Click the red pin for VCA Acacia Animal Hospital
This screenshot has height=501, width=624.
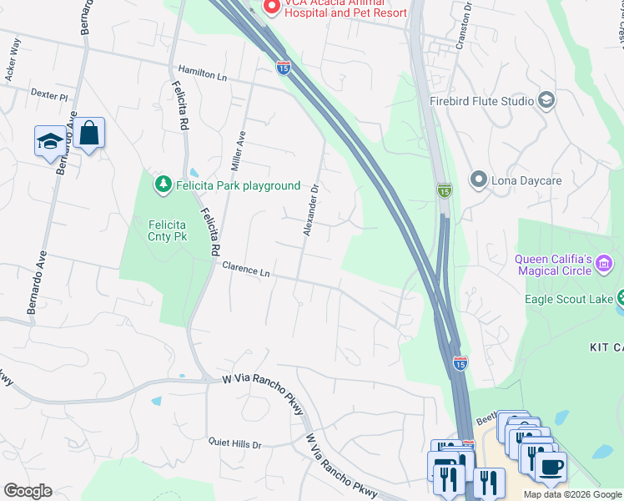[x=270, y=8]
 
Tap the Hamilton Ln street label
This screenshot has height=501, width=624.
[x=203, y=74]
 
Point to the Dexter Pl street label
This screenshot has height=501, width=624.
[x=48, y=95]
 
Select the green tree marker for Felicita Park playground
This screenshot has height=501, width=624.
[x=163, y=185]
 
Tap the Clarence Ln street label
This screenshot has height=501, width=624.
[x=247, y=269]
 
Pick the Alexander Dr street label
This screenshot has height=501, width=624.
[x=311, y=210]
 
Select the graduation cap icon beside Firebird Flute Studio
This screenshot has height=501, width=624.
[x=547, y=101]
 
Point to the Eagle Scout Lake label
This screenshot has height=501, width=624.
[x=569, y=299]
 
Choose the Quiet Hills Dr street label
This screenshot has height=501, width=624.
[x=234, y=444]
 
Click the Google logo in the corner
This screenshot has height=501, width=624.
[x=28, y=491]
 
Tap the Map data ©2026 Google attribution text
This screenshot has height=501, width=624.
[x=572, y=494]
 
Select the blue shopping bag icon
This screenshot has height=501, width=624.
[x=88, y=134]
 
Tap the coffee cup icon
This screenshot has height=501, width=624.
[x=550, y=467]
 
